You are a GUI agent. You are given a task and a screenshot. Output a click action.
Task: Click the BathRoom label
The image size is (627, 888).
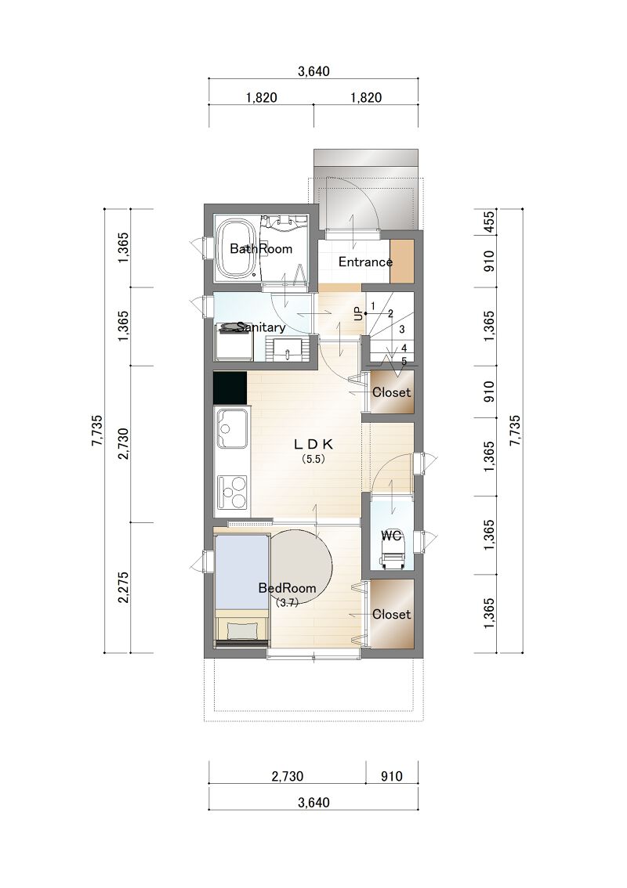coord(261,248)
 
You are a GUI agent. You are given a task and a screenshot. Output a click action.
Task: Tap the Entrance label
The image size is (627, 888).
coord(366,262)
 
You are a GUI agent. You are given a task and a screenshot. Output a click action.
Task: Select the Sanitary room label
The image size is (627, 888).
coord(261,327)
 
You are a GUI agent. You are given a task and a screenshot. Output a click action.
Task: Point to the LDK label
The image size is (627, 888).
coord(313,443)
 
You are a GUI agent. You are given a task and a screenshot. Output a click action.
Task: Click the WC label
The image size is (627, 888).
coord(391,535)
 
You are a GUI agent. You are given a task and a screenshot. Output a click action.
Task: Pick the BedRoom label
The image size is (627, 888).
coord(287,588)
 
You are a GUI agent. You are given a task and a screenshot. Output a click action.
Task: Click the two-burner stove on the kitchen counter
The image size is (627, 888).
coord(233,492)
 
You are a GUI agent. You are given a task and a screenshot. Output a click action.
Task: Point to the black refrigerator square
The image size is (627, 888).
coord(230,388)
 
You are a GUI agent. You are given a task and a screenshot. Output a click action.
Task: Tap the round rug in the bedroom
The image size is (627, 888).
coord(300,560)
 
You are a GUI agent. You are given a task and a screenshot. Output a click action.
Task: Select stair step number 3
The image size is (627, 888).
coord(402,329)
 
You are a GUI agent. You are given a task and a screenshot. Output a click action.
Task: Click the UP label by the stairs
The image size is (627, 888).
coord(357,314)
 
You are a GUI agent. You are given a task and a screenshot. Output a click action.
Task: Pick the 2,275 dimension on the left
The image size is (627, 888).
coord(124,587)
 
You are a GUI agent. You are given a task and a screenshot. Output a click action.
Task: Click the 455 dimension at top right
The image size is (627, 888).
coord(489,222)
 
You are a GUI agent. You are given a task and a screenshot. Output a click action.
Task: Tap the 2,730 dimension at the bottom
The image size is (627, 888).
coord(288,776)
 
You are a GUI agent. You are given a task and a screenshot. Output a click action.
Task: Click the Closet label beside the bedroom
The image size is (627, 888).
coord(391,615)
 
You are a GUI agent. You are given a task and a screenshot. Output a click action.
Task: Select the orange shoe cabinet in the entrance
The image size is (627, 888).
coord(402,261)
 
